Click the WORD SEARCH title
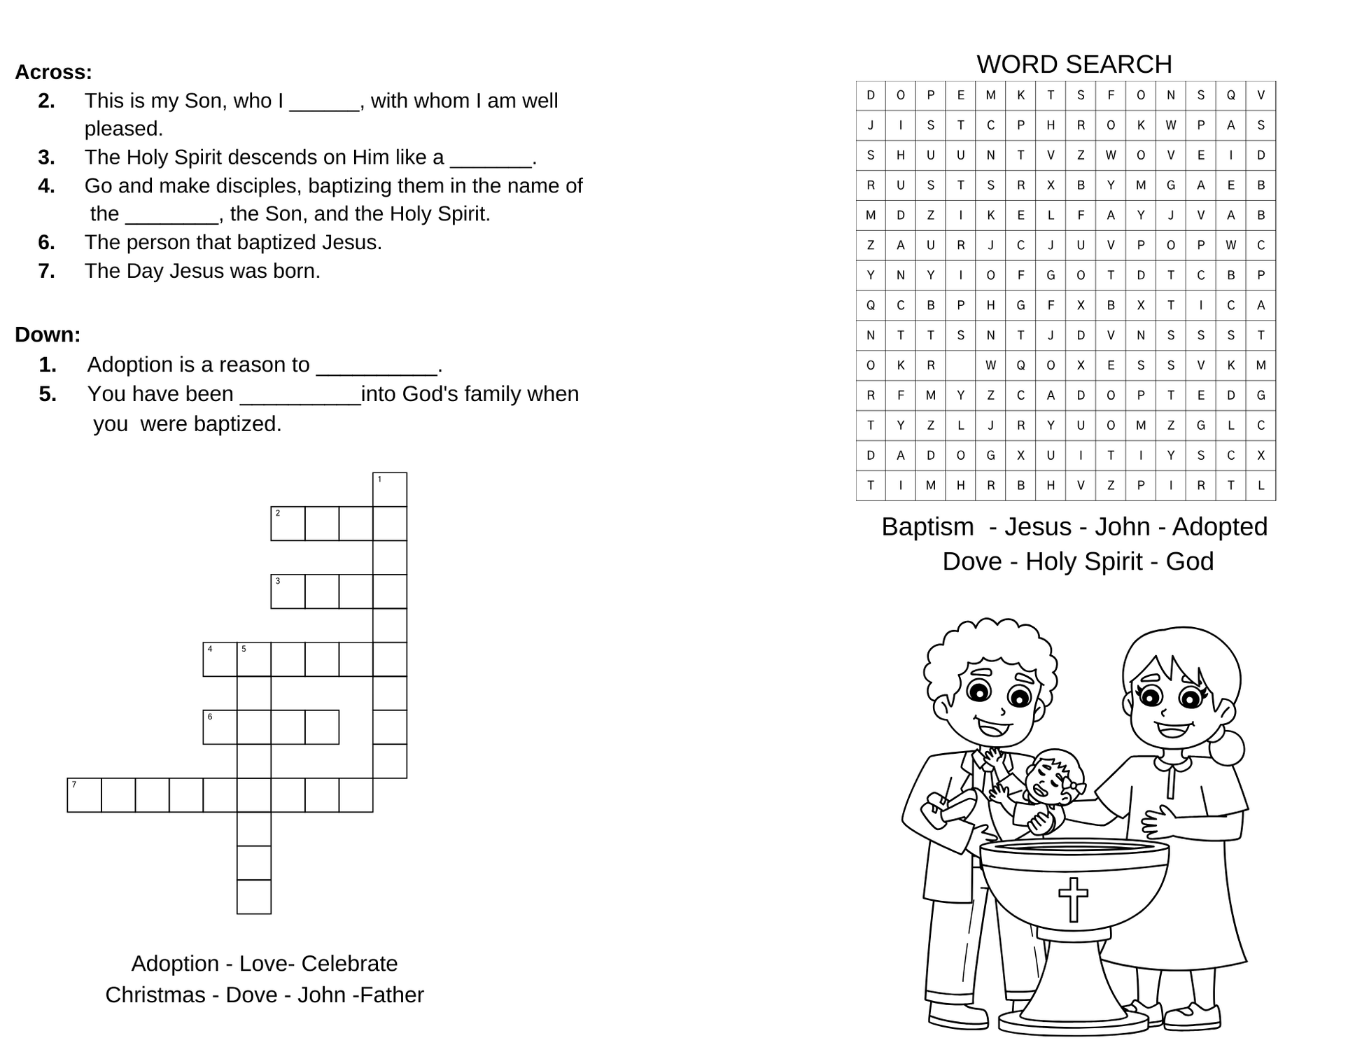[x=1074, y=64]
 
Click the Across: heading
[x=53, y=72]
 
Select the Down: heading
[x=48, y=335]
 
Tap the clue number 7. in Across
[x=47, y=271]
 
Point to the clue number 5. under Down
[x=48, y=394]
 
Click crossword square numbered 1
[x=390, y=489]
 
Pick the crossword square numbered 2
[x=288, y=524]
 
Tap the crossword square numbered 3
[x=288, y=591]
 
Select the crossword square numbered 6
[x=220, y=727]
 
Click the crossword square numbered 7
[x=84, y=795]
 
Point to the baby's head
[x=1055, y=776]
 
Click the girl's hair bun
[x=1226, y=748]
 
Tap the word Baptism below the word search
[x=927, y=527]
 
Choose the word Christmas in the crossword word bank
[x=155, y=995]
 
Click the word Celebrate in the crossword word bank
[x=349, y=964]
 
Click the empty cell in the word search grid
[x=960, y=365]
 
